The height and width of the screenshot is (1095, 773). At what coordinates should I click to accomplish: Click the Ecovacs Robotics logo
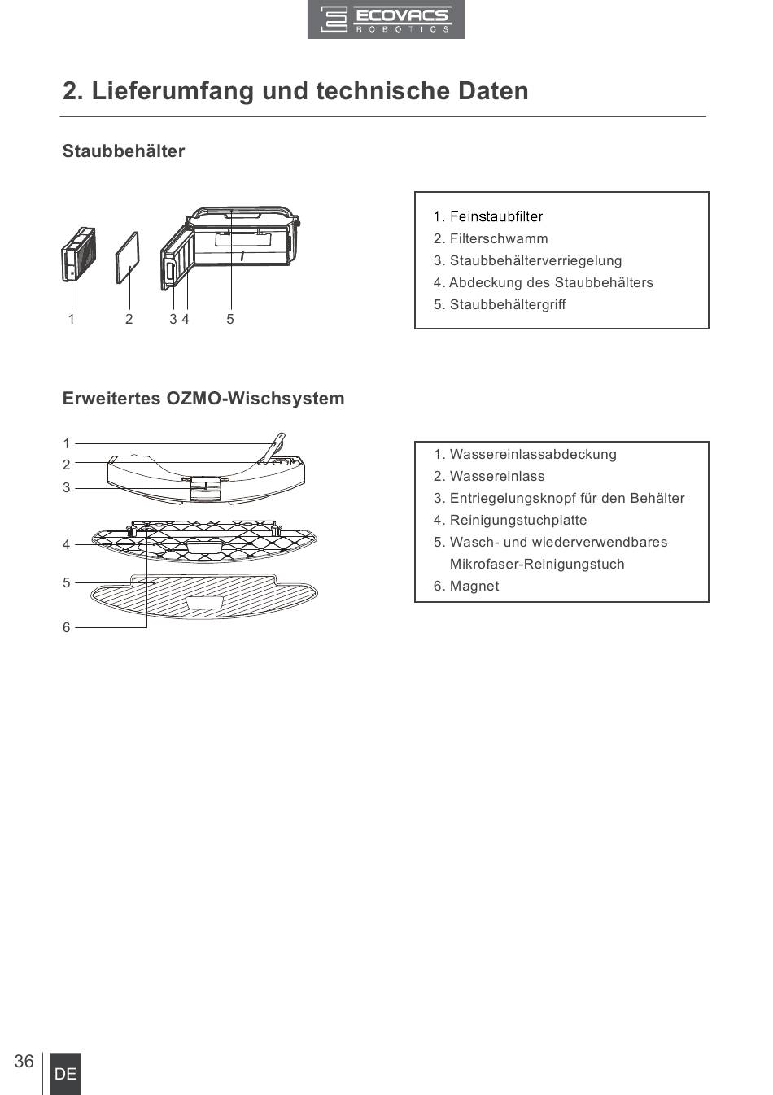[x=386, y=20]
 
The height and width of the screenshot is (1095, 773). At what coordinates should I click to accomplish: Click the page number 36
[x=24, y=1061]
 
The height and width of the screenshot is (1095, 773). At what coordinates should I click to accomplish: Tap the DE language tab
[x=65, y=1074]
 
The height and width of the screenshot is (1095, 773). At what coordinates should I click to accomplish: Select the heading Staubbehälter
[x=124, y=151]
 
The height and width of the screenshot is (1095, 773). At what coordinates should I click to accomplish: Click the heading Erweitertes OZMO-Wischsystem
[x=203, y=399]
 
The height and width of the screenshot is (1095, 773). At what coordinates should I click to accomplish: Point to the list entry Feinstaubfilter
[x=488, y=216]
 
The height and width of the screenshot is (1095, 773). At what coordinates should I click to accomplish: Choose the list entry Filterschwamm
[x=491, y=238]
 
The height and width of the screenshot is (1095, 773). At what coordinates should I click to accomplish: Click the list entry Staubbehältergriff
[x=500, y=304]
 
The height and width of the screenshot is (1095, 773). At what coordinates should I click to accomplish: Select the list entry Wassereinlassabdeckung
[x=525, y=454]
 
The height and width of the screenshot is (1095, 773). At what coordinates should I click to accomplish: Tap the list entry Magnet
[x=466, y=586]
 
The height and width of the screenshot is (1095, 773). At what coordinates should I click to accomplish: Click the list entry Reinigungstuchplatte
[x=510, y=520]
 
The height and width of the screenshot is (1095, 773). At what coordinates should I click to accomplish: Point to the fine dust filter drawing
[x=79, y=255]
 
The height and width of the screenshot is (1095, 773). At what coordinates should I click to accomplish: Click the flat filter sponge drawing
[x=127, y=257]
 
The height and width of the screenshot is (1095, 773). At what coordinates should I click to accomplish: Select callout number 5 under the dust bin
[x=230, y=319]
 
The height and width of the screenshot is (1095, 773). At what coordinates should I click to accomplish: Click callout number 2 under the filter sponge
[x=129, y=319]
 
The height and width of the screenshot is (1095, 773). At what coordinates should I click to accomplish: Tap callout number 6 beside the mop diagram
[x=67, y=627]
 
